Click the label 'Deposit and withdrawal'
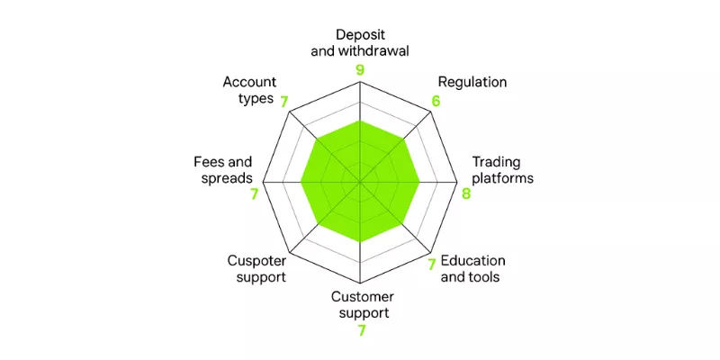tap(359, 42)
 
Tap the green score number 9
tap(359, 70)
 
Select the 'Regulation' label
tap(472, 82)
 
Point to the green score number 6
tap(436, 102)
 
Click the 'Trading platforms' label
tap(503, 170)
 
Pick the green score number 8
tap(466, 193)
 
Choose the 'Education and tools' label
tap(472, 269)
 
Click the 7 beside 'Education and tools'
tap(432, 265)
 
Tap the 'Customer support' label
tap(363, 305)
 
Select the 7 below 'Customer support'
tap(362, 330)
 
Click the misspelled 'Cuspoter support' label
tap(256, 269)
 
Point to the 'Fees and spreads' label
tap(222, 170)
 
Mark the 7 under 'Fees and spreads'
tap(255, 194)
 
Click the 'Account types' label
tap(250, 91)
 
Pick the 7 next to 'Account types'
tap(284, 103)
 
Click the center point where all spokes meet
tap(361, 183)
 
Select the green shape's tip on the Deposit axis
tap(361, 121)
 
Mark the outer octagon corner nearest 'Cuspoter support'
tap(292, 252)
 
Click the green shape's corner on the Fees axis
tap(301, 183)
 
